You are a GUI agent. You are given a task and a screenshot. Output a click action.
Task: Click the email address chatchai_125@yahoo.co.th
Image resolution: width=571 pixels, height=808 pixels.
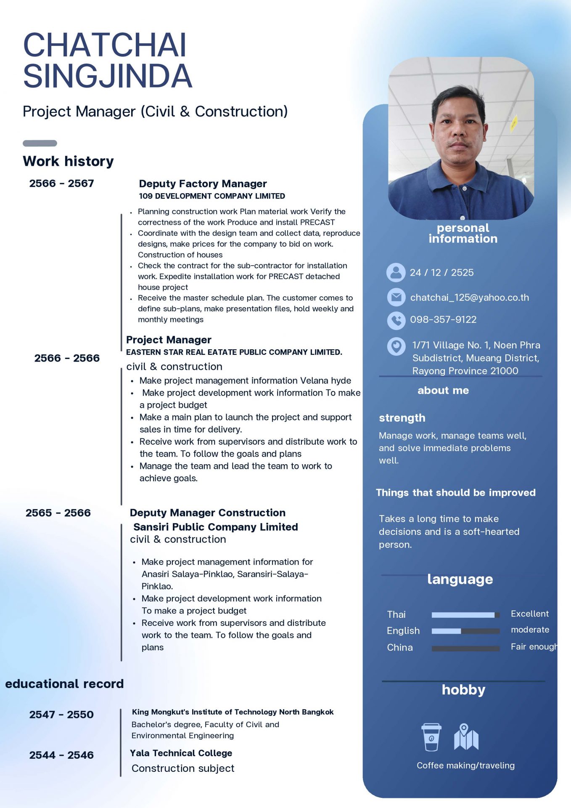pyautogui.click(x=469, y=298)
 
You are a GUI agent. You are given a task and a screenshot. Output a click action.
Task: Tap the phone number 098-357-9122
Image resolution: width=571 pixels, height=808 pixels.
pyautogui.click(x=443, y=319)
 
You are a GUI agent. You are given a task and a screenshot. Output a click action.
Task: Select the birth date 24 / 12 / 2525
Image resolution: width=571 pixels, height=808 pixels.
pyautogui.click(x=441, y=273)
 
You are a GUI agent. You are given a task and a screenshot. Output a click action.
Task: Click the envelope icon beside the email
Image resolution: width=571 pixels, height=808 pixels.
pyautogui.click(x=396, y=297)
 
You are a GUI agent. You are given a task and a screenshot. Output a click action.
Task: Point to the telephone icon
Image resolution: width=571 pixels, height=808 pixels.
pyautogui.click(x=396, y=320)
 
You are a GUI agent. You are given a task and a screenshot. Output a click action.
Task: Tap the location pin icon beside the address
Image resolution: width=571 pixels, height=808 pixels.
pyautogui.click(x=396, y=346)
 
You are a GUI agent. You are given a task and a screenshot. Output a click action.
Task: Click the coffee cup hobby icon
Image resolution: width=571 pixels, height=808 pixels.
pyautogui.click(x=431, y=737)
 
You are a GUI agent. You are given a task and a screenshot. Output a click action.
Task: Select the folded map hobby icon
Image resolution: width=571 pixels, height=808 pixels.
pyautogui.click(x=466, y=737)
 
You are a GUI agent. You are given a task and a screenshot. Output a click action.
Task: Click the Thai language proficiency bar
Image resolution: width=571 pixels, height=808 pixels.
pyautogui.click(x=465, y=615)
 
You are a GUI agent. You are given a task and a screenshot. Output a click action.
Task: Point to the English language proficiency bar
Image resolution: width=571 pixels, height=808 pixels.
pyautogui.click(x=465, y=631)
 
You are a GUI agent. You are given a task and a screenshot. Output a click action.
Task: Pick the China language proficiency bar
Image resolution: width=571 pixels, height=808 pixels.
pyautogui.click(x=465, y=648)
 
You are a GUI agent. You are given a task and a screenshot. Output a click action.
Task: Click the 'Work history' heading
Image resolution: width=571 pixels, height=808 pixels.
pyautogui.click(x=68, y=161)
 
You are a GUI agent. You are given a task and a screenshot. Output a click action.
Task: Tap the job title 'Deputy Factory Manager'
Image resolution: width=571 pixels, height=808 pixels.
pyautogui.click(x=203, y=183)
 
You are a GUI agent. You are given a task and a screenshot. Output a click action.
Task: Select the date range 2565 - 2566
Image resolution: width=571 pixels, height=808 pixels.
pyautogui.click(x=58, y=513)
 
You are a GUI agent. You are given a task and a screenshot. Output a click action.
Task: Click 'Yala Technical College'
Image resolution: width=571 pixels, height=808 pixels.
pyautogui.click(x=181, y=753)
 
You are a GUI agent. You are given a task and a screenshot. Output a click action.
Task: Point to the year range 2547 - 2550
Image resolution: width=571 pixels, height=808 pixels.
pyautogui.click(x=61, y=714)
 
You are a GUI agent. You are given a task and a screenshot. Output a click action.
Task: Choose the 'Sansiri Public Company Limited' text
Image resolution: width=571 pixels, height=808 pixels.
pyautogui.click(x=215, y=527)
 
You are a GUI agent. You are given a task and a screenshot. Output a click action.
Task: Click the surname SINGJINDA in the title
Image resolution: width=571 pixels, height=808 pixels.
pyautogui.click(x=108, y=76)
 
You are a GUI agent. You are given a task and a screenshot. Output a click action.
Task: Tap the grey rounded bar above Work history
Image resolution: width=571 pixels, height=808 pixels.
pyautogui.click(x=40, y=143)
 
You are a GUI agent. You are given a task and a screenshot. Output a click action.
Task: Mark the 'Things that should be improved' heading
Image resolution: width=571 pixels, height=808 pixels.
pyautogui.click(x=455, y=492)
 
